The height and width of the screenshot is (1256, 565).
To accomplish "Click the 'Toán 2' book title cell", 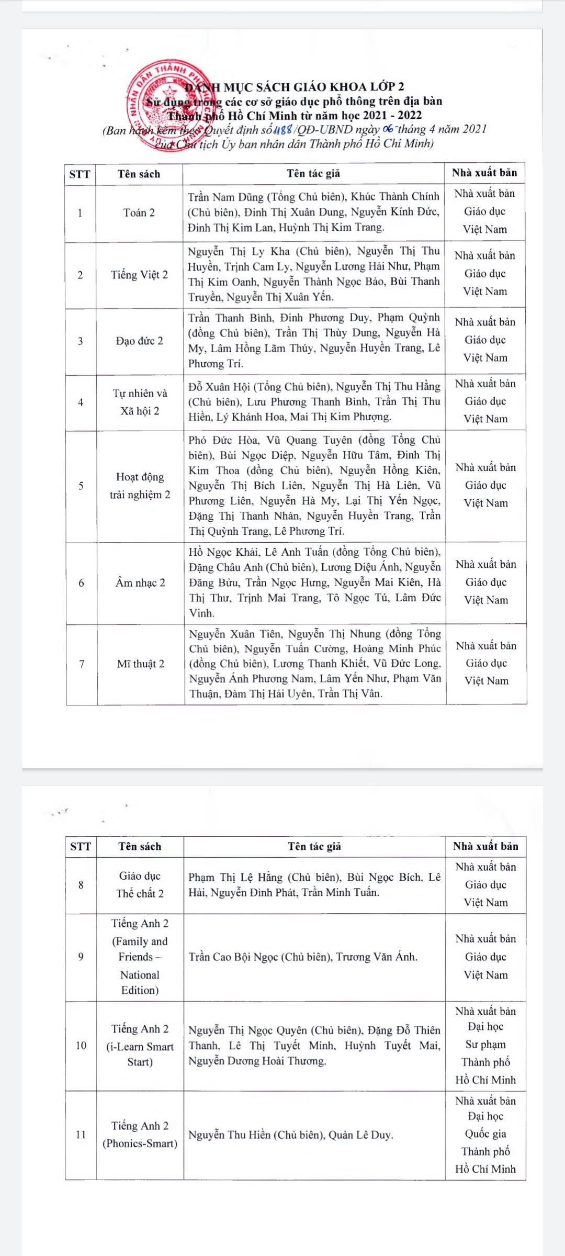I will pos(139,212).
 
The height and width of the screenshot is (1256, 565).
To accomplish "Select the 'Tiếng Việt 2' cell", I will pos(139,275).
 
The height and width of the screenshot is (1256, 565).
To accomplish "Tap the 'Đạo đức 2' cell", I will pos(139,341).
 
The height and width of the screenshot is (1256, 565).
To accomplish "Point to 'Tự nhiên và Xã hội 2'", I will pos(140,402).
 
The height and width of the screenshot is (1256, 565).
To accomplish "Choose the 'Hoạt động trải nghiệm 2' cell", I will pos(140,486).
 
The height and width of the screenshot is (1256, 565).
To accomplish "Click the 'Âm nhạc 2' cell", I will pos(140,582).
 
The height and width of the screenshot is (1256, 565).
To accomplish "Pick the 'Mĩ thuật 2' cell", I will pos(140,664).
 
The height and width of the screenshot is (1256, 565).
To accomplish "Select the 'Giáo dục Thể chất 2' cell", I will pos(140,884).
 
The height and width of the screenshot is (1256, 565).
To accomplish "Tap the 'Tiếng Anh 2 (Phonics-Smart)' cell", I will pos(140,1135).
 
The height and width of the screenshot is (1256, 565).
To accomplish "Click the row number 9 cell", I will pos(81,957).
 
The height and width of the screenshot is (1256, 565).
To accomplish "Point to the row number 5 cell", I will pos(81,486).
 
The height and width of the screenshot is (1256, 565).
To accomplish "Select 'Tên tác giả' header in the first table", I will pos(313,173).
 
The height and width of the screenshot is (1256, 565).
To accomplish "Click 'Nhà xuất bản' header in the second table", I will pos(485,846).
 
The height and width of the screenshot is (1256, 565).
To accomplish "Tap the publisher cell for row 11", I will pos(485,1135).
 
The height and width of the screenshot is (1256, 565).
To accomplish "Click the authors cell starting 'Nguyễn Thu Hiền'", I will pos(291,1135).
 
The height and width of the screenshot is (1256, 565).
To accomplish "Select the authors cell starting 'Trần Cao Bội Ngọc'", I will pos(303,957).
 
